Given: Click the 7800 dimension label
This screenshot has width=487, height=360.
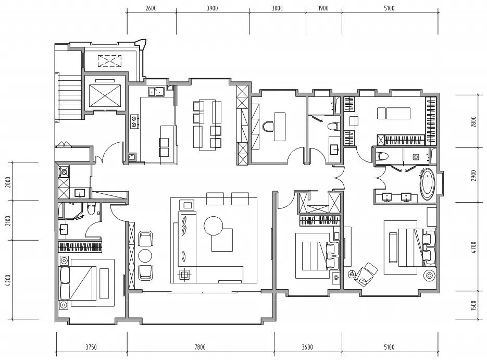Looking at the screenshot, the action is (x=200, y=347).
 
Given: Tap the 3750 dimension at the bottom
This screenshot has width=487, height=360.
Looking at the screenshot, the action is (x=91, y=347).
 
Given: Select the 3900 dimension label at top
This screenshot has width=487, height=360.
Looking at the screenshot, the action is (x=213, y=8).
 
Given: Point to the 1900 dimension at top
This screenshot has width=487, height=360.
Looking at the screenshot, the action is (x=323, y=8).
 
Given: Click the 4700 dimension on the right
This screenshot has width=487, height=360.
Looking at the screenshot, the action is (x=473, y=247).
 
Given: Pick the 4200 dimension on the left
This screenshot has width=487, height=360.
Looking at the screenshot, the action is (x=8, y=280).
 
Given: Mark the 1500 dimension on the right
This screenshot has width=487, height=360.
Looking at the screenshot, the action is (x=473, y=305).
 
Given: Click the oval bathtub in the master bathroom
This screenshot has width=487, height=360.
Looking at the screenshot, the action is (x=428, y=184).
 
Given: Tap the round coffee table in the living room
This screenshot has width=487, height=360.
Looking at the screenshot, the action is (x=214, y=226).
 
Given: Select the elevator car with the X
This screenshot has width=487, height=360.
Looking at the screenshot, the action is (x=104, y=95).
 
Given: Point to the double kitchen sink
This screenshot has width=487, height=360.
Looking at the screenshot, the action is (x=156, y=92).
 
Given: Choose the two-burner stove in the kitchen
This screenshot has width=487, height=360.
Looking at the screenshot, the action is (x=134, y=121).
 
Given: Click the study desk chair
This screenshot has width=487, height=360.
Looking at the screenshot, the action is (x=268, y=127).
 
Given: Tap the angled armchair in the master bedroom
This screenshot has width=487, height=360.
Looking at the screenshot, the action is (x=366, y=274).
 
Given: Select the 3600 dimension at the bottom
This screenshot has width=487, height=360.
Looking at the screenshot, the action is (x=307, y=347).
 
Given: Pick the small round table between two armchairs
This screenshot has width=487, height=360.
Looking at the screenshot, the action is (x=145, y=256).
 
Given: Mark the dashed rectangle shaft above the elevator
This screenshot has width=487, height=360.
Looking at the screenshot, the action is (x=110, y=61).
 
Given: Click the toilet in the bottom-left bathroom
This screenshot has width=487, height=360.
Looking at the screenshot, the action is (x=91, y=209).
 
